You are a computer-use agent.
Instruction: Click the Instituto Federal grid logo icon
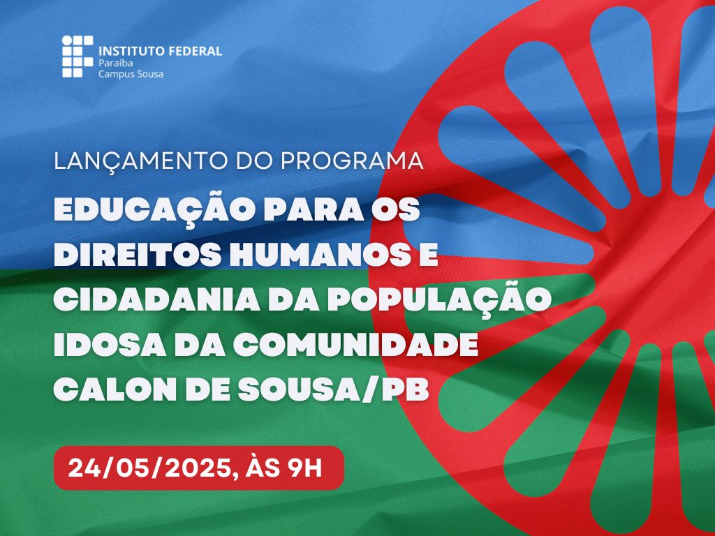click(77, 56)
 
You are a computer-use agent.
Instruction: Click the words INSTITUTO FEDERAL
click(161, 51)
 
